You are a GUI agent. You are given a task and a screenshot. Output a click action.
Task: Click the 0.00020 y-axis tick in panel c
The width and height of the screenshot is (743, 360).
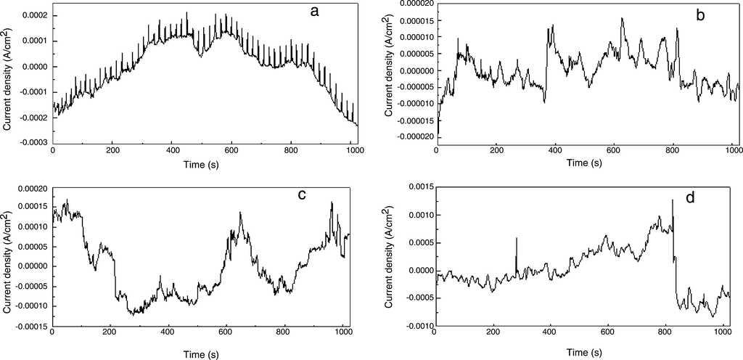point(30,188)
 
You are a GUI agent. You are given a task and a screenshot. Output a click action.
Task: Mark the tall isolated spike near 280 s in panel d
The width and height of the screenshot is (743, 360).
point(517,239)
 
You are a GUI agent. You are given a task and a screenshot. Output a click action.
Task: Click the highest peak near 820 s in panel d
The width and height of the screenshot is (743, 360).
point(673,200)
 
